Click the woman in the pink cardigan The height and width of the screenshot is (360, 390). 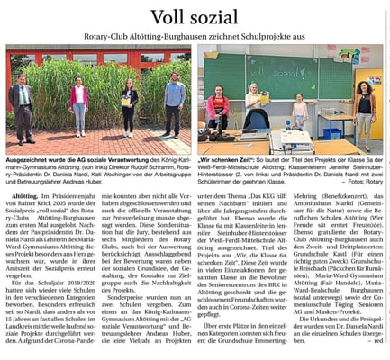point(78,103)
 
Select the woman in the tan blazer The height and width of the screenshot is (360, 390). point(365,108)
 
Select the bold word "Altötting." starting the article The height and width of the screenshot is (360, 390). point(25,194)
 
